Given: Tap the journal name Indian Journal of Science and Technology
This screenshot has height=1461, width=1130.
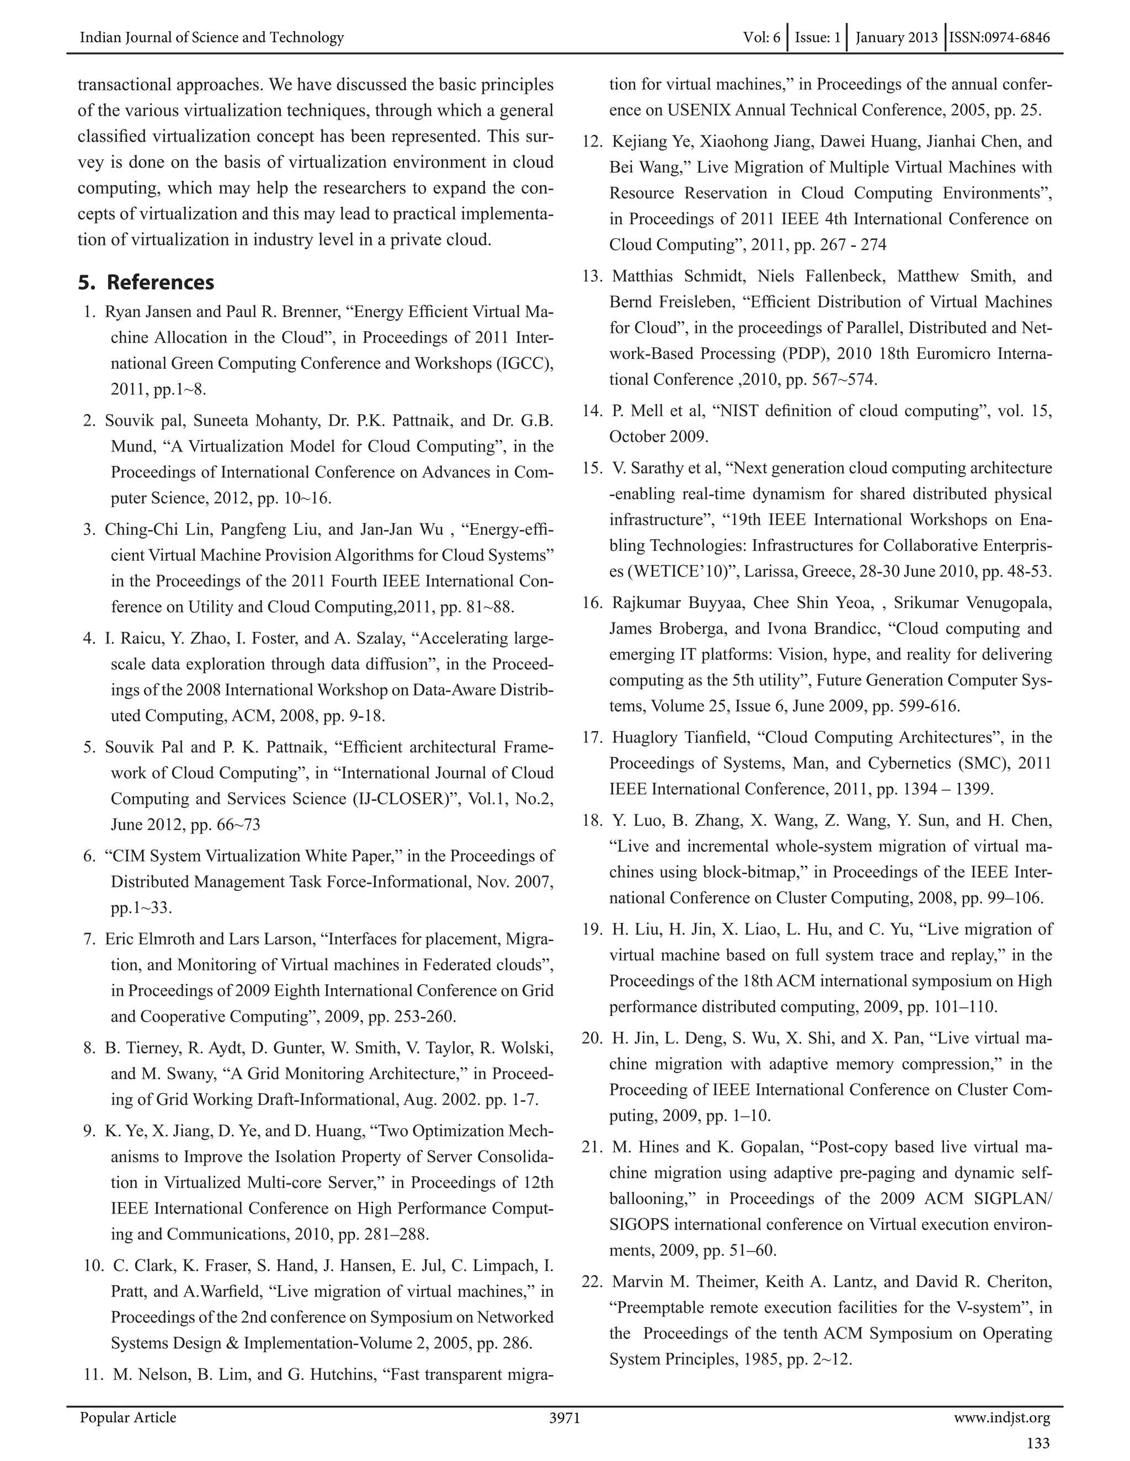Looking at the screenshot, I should [x=211, y=37].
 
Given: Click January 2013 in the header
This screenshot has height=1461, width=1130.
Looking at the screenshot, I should [x=897, y=37].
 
